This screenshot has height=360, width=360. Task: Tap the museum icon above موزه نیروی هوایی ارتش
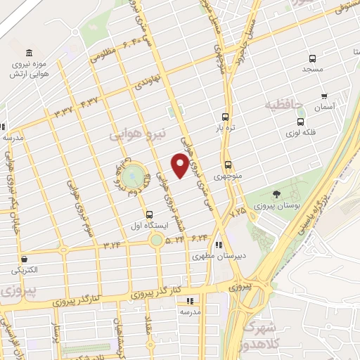(27, 54)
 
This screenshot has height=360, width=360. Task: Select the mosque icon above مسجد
(312, 59)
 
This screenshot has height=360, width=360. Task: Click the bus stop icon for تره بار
(225, 117)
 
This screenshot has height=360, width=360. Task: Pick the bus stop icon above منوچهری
(227, 165)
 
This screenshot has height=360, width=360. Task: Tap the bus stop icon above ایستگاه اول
(148, 214)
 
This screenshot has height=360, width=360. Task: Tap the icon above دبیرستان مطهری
(219, 245)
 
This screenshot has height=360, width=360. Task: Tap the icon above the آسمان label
(323, 96)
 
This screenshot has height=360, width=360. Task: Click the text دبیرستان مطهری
(214, 257)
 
